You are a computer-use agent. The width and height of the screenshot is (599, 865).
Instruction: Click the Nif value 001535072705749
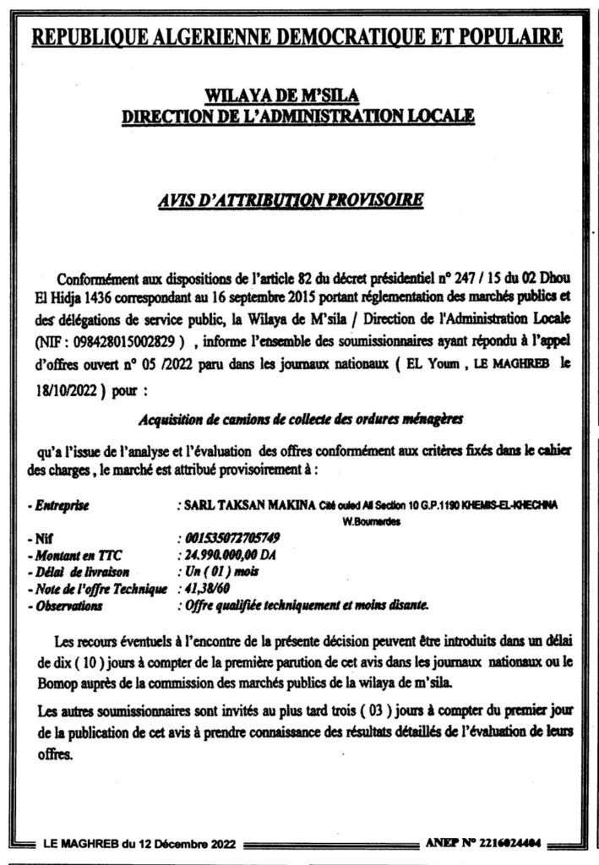point(238,537)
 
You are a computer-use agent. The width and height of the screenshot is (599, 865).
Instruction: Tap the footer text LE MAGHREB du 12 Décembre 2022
point(144,843)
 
